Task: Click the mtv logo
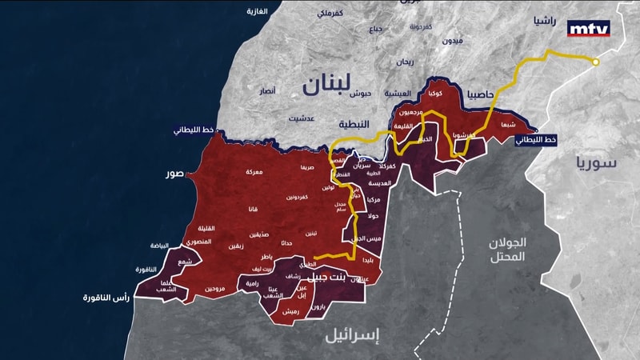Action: coord(588,29)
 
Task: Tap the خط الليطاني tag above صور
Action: coord(194,131)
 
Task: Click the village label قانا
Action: coord(253,210)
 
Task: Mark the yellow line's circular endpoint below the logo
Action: coord(595,62)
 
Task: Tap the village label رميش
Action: coord(291,311)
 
